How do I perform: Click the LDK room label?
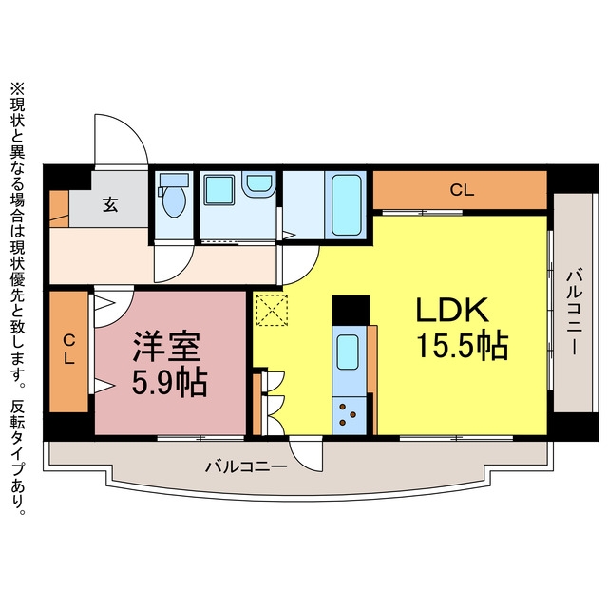point(452,311)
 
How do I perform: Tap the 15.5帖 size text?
point(463,345)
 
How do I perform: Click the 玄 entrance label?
point(110,205)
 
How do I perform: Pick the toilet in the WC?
point(174,195)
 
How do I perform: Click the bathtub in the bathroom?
point(347,205)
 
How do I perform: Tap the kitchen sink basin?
point(348,352)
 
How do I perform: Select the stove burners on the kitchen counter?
point(348,414)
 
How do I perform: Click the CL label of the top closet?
point(462,190)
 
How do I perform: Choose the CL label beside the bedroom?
point(69,350)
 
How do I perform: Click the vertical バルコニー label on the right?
point(573,312)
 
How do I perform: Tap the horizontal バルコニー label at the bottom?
point(246,466)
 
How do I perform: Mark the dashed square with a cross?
point(273,311)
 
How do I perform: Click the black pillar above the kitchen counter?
point(351,311)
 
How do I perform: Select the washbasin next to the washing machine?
point(259,183)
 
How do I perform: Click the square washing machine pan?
point(219,189)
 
